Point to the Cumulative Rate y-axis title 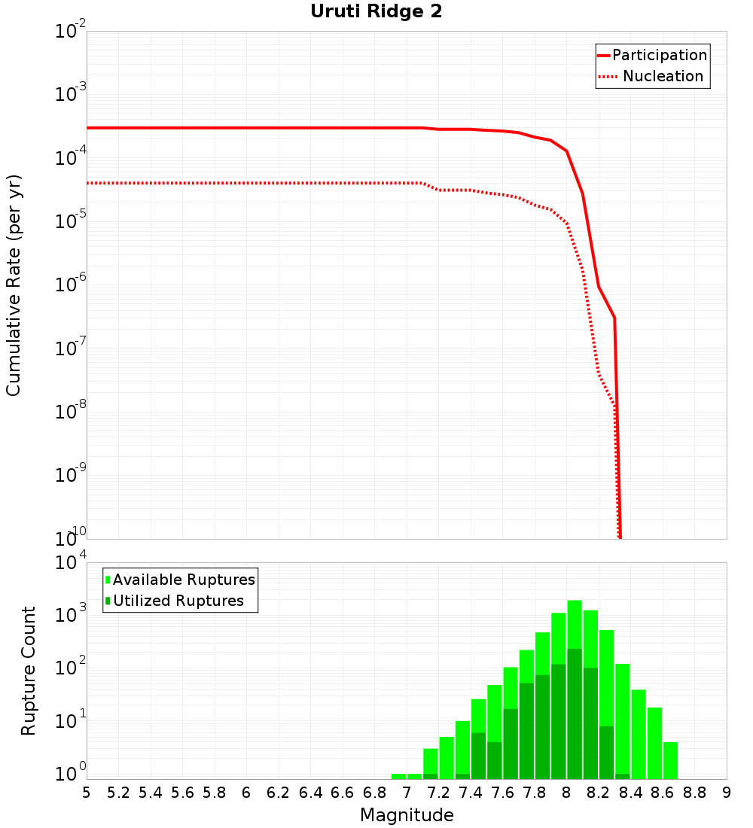[14, 285]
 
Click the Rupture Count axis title [29, 671]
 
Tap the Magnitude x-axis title [407, 815]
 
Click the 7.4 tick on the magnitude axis [471, 792]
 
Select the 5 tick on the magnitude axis [87, 792]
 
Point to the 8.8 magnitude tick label [695, 792]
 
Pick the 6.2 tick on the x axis [279, 792]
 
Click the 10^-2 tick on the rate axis [71, 32]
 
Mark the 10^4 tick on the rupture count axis [71, 563]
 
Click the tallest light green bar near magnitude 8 [575, 625]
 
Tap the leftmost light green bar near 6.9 [399, 776]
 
